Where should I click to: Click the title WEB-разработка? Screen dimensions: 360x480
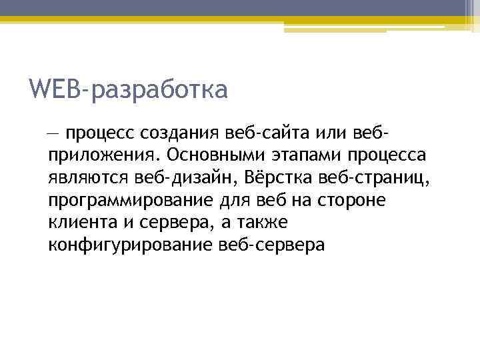pos(129,89)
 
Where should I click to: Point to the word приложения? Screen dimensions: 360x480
pos(104,156)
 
